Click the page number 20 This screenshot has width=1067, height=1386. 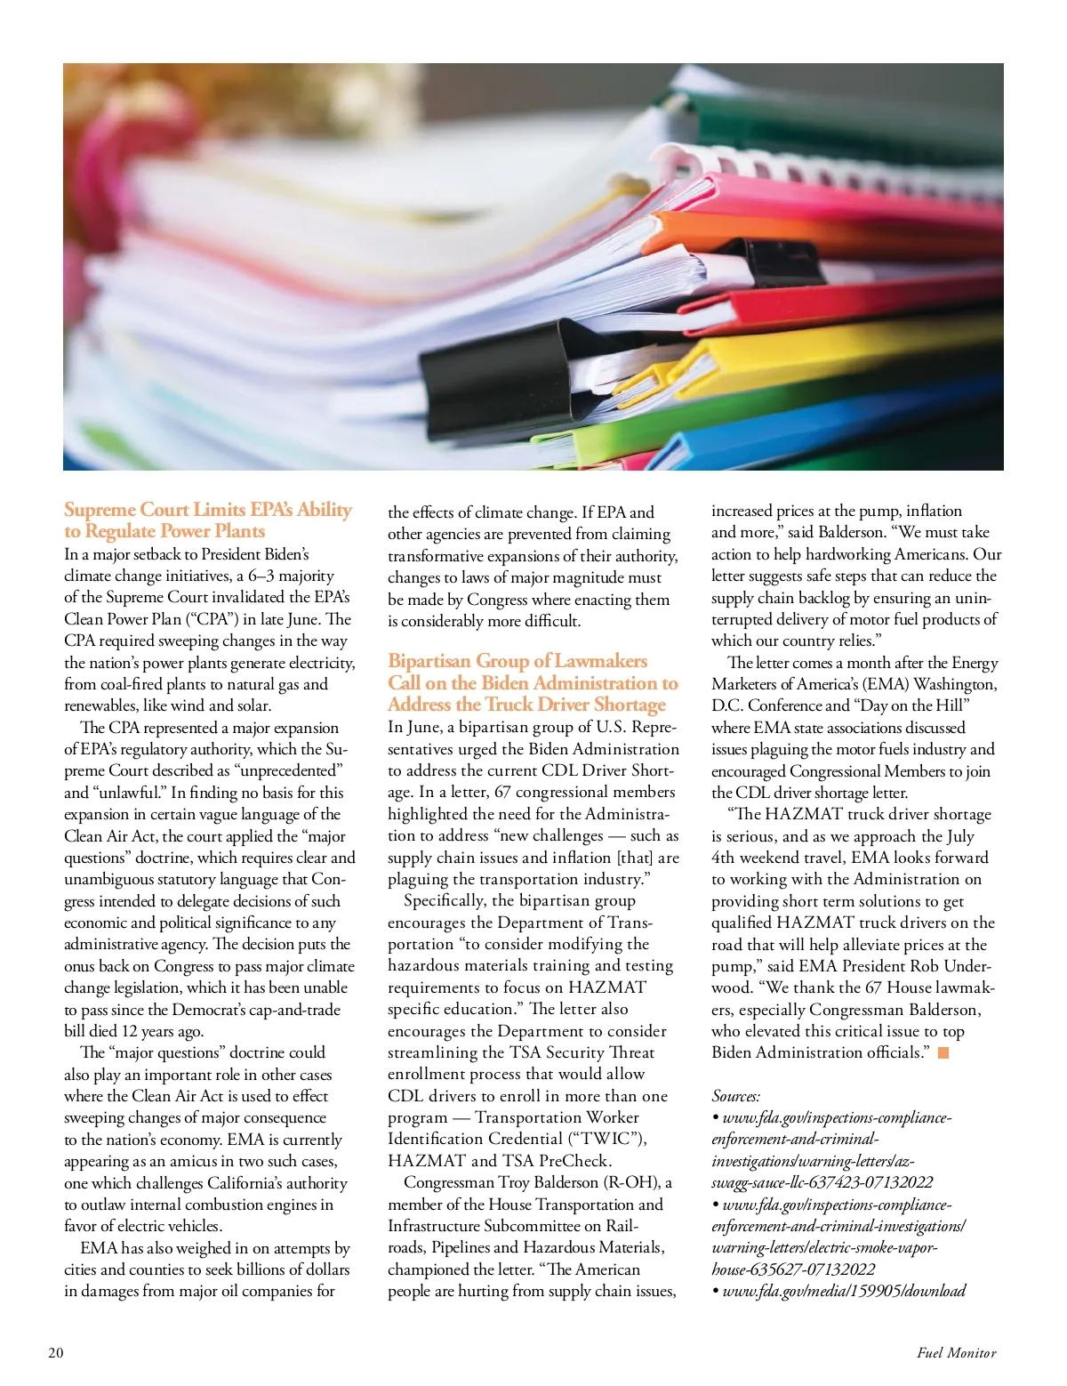coord(56,1353)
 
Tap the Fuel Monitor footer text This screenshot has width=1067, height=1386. coord(956,1353)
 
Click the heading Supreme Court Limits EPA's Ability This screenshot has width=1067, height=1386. coord(208,510)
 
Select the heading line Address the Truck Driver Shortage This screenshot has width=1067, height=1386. coord(526,705)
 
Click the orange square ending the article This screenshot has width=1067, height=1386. coord(943,1053)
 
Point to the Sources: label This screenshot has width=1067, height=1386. coord(735,1096)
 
